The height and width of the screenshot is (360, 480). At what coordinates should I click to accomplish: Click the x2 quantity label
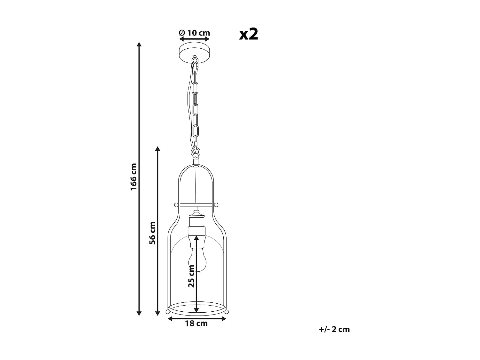248,35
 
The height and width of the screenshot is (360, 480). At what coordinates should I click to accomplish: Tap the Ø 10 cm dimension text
195,33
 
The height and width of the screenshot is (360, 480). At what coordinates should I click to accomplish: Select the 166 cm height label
133,177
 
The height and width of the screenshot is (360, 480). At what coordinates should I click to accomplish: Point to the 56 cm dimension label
152,233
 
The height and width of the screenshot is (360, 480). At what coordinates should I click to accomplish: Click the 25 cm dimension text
191,276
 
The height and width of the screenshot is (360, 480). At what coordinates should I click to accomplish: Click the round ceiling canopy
195,50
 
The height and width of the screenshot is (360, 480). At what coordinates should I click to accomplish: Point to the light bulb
197,260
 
